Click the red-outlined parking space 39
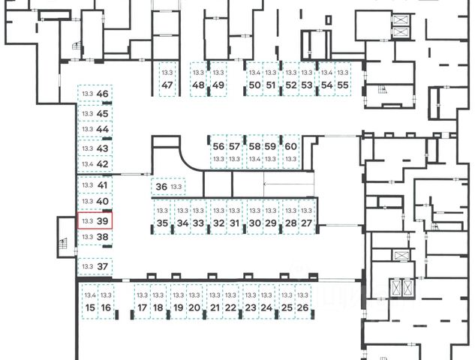[95, 221]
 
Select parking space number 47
[167, 85]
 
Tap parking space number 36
[161, 187]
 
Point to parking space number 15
[90, 307]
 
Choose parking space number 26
[302, 307]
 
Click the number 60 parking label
[291, 146]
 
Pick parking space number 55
[342, 85]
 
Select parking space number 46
[103, 94]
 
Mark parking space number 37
[103, 266]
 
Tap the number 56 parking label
[218, 146]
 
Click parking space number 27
[306, 223]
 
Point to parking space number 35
[162, 223]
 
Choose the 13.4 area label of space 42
[87, 164]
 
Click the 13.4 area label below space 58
[254, 159]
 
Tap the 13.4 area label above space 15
[90, 295]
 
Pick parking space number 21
[215, 307]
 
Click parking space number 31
[234, 223]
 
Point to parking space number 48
[198, 85]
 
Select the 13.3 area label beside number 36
[176, 187]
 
